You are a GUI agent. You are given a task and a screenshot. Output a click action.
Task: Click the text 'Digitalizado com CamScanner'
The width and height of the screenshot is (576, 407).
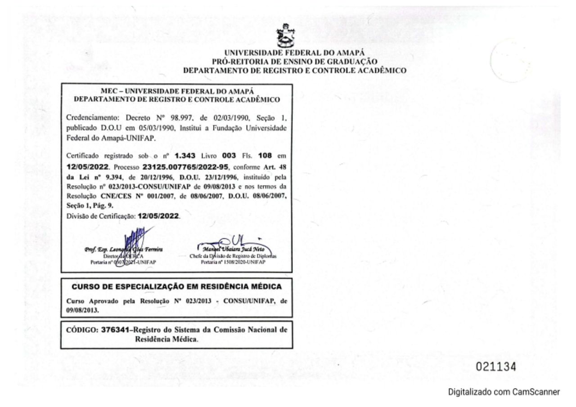[504, 392]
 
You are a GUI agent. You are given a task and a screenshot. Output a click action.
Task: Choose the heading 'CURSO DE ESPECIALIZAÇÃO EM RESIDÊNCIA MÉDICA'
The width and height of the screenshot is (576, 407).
[176, 286]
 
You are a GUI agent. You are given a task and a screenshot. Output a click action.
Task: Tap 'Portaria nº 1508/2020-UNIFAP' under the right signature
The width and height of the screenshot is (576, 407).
[233, 261]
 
